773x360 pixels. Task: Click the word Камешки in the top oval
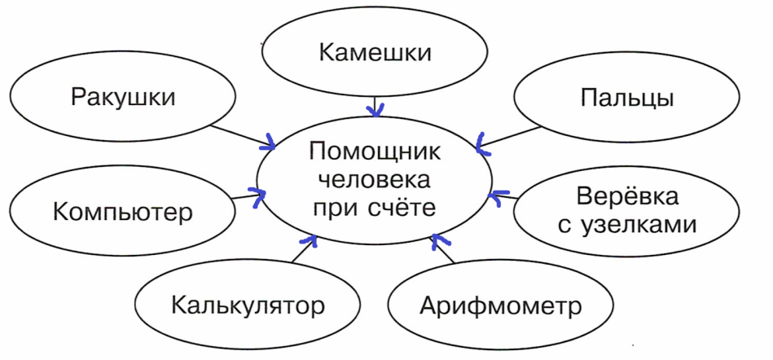(375, 52)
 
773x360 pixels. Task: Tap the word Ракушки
(123, 98)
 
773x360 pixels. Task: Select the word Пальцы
(627, 99)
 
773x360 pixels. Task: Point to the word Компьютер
(122, 212)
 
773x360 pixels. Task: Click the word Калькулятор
(248, 305)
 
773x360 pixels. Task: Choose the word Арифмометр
(501, 306)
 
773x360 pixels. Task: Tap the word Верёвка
(627, 197)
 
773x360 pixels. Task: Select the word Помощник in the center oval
(375, 151)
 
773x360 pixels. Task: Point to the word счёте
(402, 207)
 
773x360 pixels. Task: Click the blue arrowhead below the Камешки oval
(376, 111)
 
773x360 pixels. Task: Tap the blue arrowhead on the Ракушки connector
(269, 143)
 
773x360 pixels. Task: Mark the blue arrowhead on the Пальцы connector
(482, 144)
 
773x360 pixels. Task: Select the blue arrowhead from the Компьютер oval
(257, 196)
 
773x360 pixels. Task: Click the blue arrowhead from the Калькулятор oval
(310, 240)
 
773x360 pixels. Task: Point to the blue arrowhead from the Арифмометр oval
(440, 240)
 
